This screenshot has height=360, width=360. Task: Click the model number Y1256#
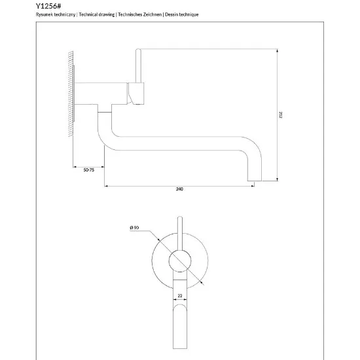click(48, 6)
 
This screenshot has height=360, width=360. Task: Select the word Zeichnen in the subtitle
click(153, 14)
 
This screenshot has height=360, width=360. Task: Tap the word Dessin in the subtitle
click(171, 14)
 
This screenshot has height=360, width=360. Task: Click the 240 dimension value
click(179, 189)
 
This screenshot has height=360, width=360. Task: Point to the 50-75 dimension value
click(89, 170)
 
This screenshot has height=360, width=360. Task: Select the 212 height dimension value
click(280, 115)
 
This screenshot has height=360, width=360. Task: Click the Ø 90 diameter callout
click(134, 228)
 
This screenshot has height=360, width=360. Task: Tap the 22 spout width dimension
click(180, 296)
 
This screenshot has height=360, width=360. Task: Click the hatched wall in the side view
click(71, 94)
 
